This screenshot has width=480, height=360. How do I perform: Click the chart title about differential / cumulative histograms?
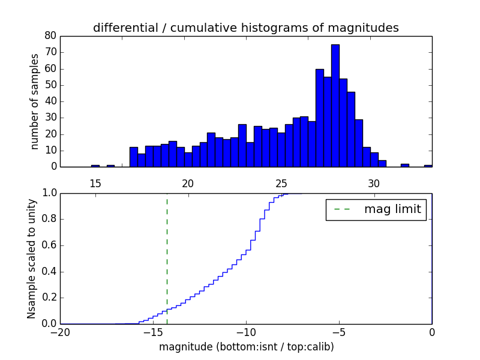click(x=245, y=28)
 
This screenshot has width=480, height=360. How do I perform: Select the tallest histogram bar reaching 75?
click(x=335, y=106)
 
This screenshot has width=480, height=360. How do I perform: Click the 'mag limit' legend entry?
click(x=376, y=209)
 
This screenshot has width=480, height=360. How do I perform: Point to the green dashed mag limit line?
click(x=167, y=258)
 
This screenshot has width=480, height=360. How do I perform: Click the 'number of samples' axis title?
click(x=35, y=101)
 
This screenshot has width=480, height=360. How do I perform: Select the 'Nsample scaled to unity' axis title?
click(x=31, y=259)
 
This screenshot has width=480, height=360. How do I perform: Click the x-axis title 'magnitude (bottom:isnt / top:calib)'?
click(x=246, y=347)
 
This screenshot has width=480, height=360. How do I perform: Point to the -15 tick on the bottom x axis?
click(x=153, y=332)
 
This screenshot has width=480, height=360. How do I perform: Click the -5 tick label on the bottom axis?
click(x=338, y=332)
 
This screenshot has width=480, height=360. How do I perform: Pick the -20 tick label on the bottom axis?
click(x=60, y=332)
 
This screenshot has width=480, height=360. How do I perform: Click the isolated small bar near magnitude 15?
click(x=95, y=166)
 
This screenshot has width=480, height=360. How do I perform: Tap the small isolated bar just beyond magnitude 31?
click(x=405, y=165)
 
